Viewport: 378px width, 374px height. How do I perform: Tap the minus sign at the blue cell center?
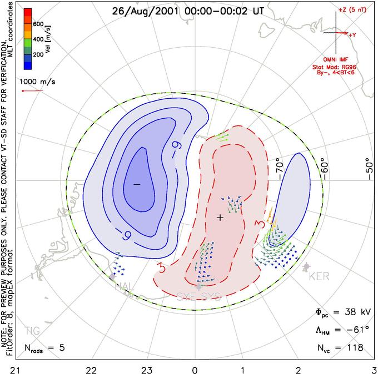(137, 184)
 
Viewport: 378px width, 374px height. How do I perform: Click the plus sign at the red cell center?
(220, 218)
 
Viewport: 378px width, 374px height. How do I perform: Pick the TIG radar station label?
(33, 331)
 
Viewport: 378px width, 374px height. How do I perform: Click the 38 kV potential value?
(349, 313)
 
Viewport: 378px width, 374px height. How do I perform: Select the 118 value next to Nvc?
(354, 348)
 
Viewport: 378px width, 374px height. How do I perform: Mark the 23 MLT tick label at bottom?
(147, 368)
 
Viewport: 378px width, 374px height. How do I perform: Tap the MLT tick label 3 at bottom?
(374, 368)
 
